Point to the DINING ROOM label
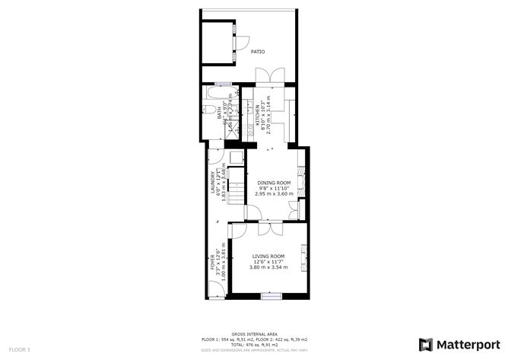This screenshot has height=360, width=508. click(x=273, y=182)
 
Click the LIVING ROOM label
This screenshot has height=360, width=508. click(x=268, y=256)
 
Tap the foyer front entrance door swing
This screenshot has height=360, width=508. click(x=214, y=288)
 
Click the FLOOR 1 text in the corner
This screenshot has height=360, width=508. click(x=20, y=349)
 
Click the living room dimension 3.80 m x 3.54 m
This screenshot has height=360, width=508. click(x=268, y=267)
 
